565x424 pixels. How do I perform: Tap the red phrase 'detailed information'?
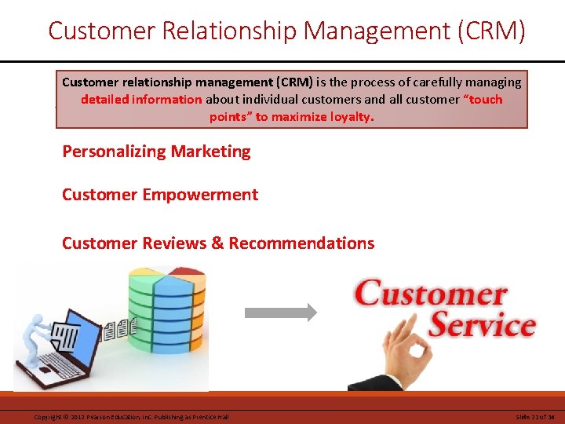(x=140, y=100)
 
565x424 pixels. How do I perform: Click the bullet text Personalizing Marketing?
(x=156, y=152)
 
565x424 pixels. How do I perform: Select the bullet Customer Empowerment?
(x=159, y=195)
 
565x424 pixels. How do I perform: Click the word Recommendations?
(x=301, y=243)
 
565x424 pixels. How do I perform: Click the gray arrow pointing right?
(x=281, y=313)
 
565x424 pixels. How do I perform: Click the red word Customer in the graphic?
(x=431, y=294)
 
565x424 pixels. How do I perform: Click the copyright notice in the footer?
(x=131, y=416)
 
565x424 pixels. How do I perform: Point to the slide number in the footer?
(x=535, y=416)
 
